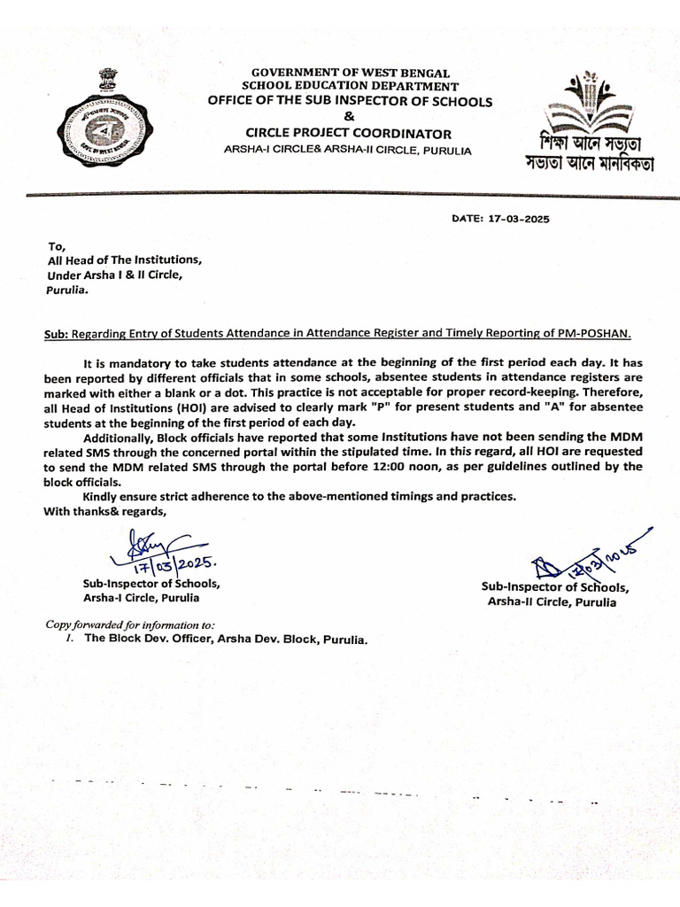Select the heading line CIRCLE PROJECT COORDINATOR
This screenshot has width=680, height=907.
[348, 134]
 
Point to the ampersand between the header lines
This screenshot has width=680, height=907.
[349, 118]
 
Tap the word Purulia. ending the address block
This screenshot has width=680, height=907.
[67, 290]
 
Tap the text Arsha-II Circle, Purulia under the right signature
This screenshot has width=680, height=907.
[552, 601]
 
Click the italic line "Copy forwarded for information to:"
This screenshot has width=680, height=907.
[129, 624]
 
